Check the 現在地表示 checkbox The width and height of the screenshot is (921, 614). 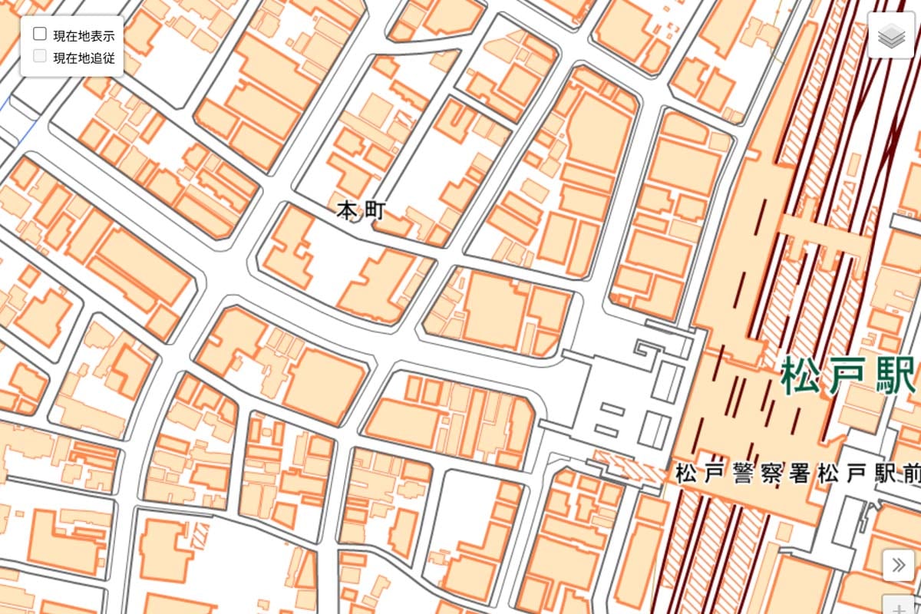[40, 35]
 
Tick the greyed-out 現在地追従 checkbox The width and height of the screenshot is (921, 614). [40, 56]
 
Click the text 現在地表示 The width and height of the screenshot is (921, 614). [84, 35]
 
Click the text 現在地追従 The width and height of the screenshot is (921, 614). [84, 58]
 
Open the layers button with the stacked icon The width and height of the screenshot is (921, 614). [892, 35]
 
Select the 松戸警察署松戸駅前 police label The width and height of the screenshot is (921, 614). [798, 474]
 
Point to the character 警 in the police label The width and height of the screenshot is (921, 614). [742, 474]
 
